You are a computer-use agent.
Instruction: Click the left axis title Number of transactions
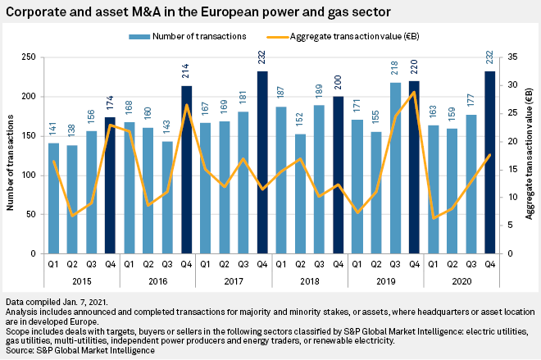pyautogui.click(x=11, y=156)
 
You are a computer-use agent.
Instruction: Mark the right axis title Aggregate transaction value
pyautogui.click(x=530, y=156)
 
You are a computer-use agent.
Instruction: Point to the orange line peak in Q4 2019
pyautogui.click(x=414, y=92)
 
